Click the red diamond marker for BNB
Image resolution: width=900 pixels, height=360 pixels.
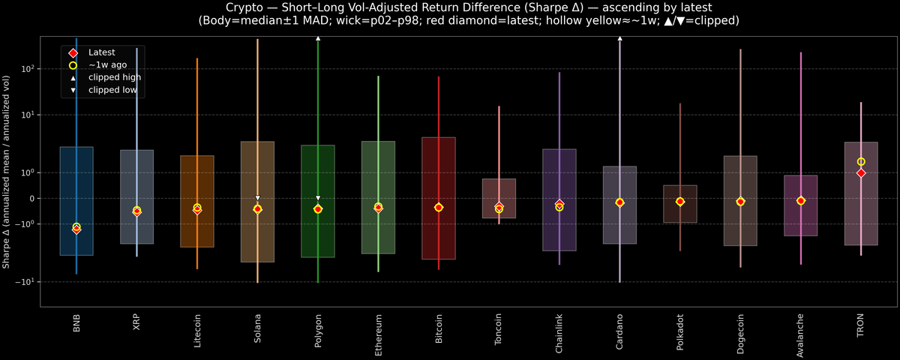click(76, 229)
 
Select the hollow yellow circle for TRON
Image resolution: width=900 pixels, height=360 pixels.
click(861, 162)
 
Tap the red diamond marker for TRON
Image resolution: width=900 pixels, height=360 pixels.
click(861, 173)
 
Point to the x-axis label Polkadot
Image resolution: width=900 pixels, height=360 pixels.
click(680, 331)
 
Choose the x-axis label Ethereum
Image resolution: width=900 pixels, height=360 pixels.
click(378, 331)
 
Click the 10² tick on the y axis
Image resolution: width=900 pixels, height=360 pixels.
click(29, 68)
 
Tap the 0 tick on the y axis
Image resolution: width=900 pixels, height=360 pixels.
click(32, 199)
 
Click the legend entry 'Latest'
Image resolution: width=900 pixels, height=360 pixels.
click(101, 52)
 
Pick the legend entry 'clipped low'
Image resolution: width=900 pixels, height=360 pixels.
click(112, 90)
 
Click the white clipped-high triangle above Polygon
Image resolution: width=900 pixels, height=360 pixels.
click(318, 37)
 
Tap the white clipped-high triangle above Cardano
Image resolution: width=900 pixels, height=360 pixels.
click(619, 37)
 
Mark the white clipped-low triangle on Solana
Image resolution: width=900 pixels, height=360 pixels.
click(257, 198)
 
